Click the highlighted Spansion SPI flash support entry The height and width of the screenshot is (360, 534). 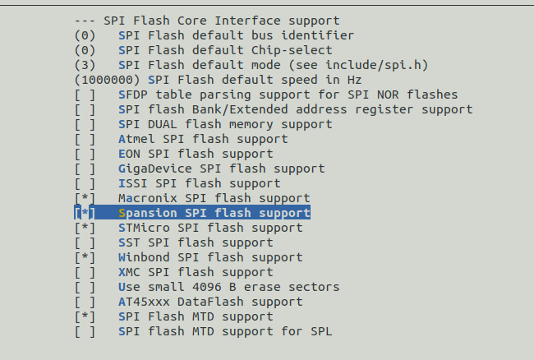point(214,214)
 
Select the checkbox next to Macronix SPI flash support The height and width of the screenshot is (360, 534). point(85,199)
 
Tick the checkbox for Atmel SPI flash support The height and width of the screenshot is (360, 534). point(85,140)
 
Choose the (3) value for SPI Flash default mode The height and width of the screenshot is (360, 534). point(85,66)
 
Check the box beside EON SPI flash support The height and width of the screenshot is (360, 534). point(85,155)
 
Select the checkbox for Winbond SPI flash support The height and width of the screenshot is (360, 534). point(85,258)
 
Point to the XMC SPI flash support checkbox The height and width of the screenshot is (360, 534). point(85,273)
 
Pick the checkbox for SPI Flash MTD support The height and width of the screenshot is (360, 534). point(85,317)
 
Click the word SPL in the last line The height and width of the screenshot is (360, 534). point(321,332)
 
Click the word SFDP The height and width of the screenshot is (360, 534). point(132,95)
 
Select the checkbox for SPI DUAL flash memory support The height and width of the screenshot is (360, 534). point(85,125)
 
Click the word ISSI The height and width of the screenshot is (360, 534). point(132,184)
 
